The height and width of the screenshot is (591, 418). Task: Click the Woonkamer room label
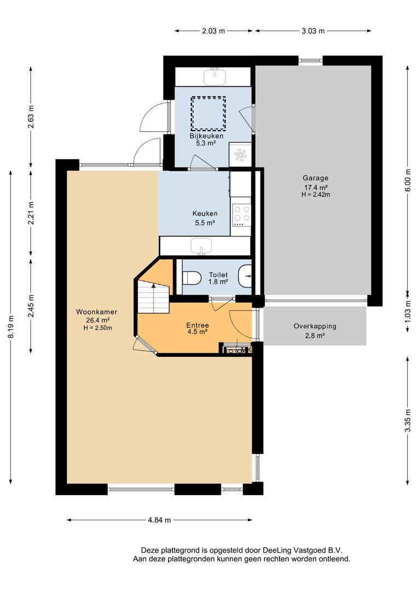[x=96, y=312]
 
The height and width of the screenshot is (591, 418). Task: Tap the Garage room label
[x=316, y=178]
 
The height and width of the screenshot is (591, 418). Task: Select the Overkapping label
[x=315, y=326]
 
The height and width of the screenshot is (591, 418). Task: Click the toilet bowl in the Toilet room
[x=191, y=278]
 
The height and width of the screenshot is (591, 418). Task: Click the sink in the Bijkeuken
[x=215, y=76]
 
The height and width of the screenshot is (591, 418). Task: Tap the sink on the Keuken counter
[x=201, y=247]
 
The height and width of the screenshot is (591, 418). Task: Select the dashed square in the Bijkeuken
[x=208, y=113]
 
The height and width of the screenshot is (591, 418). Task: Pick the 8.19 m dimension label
[x=11, y=326]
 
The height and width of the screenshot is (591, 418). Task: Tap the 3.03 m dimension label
[x=313, y=31]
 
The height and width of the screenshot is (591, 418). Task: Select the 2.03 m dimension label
[x=213, y=31]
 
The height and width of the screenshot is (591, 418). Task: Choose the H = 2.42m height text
[x=316, y=194]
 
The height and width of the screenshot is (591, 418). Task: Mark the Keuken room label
[x=205, y=214]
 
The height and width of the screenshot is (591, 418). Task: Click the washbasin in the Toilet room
[x=245, y=277]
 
